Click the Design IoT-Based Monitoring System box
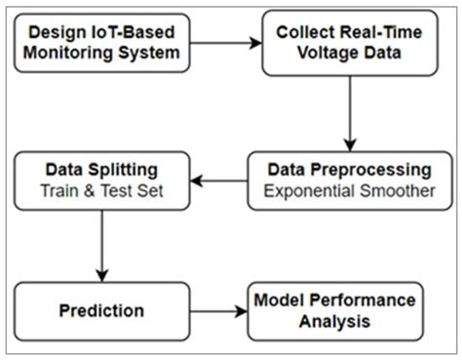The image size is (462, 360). (102, 44)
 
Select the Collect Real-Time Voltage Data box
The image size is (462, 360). (349, 44)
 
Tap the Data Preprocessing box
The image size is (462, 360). (349, 179)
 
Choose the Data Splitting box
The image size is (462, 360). (102, 179)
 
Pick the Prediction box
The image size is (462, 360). (102, 310)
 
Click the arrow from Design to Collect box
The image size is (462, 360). (227, 44)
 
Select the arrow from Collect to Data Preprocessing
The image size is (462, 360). (349, 112)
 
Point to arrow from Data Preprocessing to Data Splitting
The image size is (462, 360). (218, 180)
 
